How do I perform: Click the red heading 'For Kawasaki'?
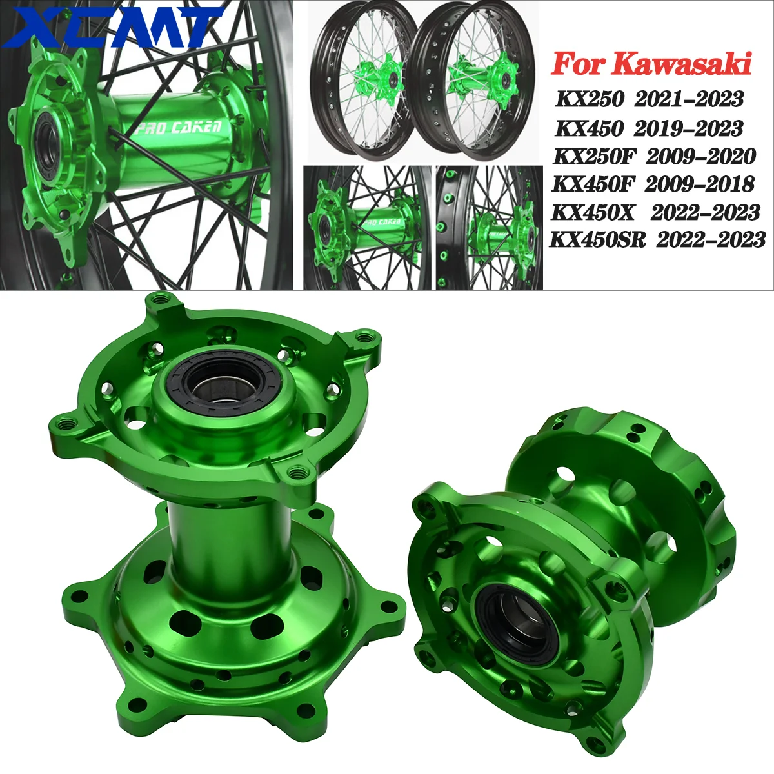click(x=651, y=64)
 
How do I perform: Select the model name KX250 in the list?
click(x=589, y=99)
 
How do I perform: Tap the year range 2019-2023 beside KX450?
click(x=688, y=128)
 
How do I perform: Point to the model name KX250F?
click(x=597, y=156)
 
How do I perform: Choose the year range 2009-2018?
click(x=699, y=184)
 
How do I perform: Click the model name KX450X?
click(x=593, y=212)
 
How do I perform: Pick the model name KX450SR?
click(x=598, y=240)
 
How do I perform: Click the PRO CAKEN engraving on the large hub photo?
click(x=180, y=126)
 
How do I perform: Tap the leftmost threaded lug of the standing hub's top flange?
click(x=65, y=424)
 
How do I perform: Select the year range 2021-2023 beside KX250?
click(x=689, y=99)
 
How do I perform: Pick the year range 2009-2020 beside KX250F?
click(x=700, y=156)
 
